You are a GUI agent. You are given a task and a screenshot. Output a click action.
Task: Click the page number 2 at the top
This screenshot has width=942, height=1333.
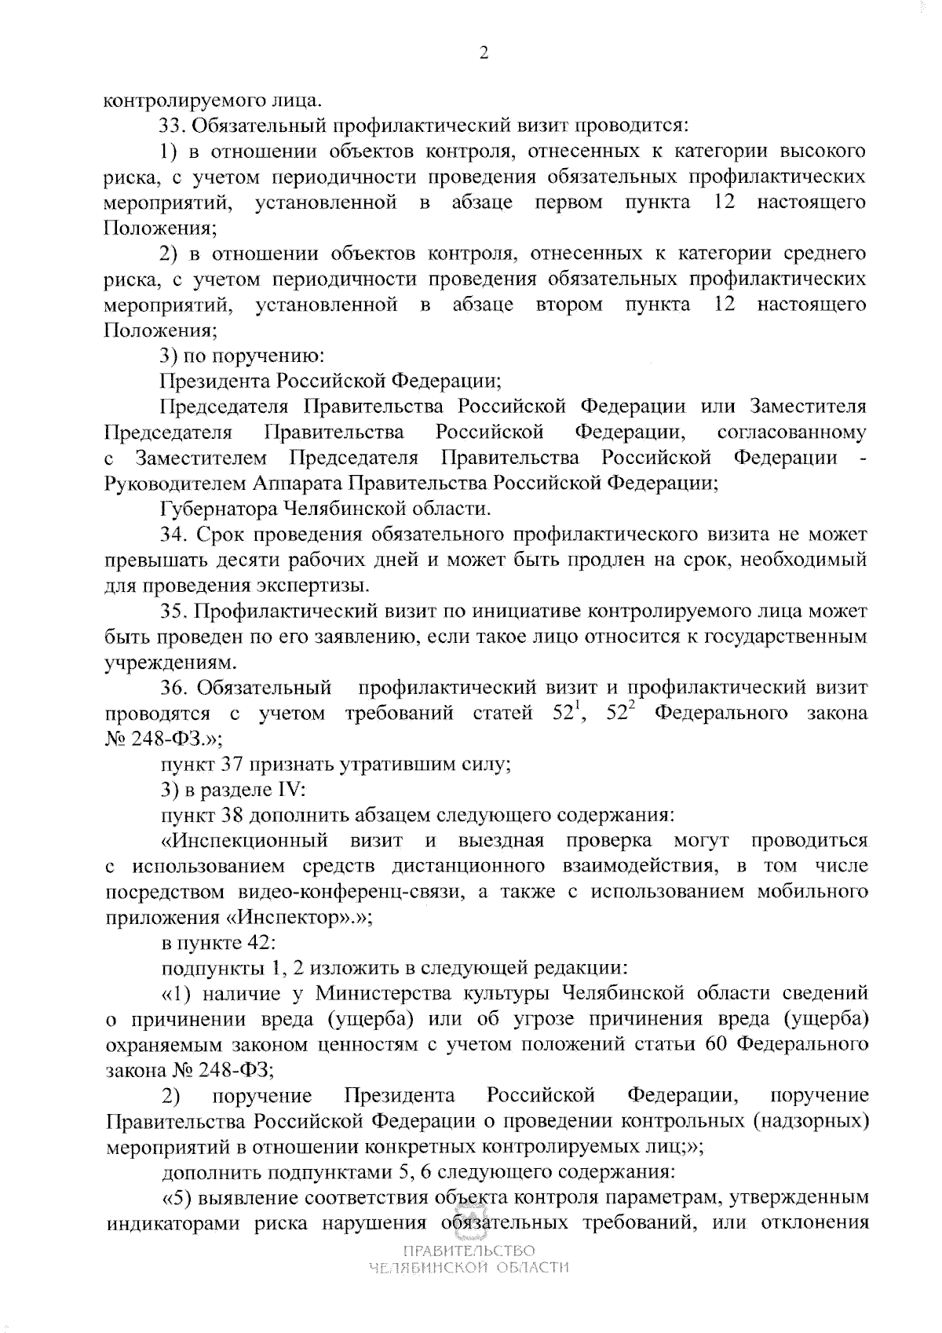[483, 53]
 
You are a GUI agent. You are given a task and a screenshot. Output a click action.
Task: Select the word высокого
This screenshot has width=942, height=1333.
[820, 151]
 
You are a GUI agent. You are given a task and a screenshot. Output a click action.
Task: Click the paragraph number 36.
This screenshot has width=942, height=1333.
[173, 688]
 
